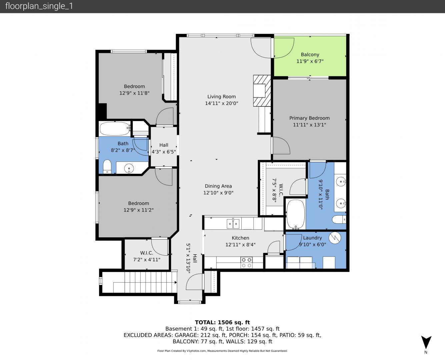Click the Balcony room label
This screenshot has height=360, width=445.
coord(310,55)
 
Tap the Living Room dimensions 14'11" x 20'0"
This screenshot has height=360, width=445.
coord(221,103)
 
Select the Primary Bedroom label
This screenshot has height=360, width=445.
coord(309,118)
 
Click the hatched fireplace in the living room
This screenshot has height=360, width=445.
coord(262,91)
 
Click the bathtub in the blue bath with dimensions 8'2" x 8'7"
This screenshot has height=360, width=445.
coord(115,129)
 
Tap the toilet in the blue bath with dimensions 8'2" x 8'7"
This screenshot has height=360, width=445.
coord(107,167)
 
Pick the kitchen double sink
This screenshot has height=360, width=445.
coord(233,224)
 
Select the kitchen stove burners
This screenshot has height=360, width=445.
coord(246,263)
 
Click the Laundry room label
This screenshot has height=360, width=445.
coord(312,238)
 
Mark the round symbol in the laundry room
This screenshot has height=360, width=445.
coord(335,238)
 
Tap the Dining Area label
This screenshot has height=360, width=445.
coord(218,186)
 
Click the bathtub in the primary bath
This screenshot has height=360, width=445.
coord(296,214)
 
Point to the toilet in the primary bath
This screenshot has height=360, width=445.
coord(339,219)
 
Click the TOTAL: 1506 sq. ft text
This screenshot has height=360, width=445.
coord(222,322)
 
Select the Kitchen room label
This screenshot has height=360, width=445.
coord(240,238)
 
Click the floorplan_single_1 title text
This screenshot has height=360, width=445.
coord(39,6)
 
